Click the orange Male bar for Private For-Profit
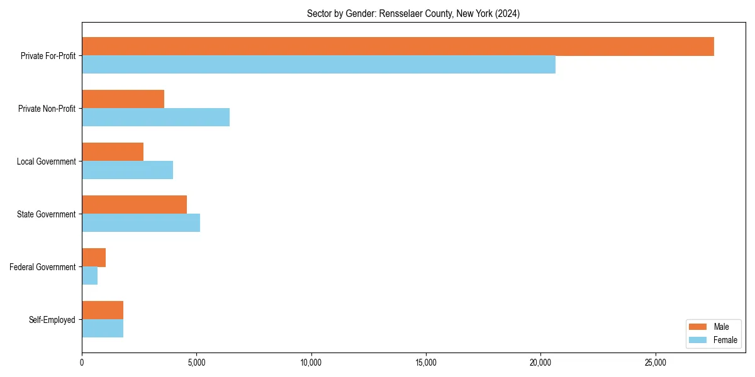(398, 46)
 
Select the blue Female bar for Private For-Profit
(318, 65)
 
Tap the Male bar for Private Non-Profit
(123, 99)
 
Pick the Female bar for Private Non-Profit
(155, 117)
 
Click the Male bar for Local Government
(113, 152)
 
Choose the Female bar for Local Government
(127, 170)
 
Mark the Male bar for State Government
(134, 205)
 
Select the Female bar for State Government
(141, 223)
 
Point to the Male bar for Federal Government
(94, 258)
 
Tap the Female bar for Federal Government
(89, 276)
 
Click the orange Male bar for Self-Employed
(103, 310)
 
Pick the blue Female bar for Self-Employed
(103, 329)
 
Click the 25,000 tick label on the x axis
(656, 363)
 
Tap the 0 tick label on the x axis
(82, 363)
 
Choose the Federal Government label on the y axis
(42, 267)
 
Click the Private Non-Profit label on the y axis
(47, 109)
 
